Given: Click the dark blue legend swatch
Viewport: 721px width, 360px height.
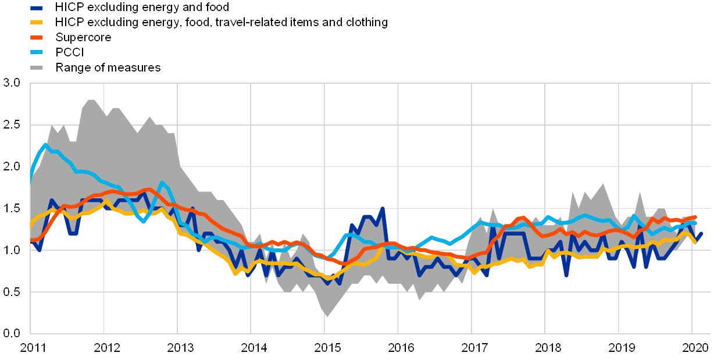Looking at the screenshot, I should coord(36,8).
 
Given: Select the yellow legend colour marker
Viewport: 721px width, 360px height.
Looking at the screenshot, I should coord(36,23).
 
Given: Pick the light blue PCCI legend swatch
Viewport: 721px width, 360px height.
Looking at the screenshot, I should coord(36,52).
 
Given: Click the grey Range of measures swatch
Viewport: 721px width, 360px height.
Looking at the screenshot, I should coord(36,67).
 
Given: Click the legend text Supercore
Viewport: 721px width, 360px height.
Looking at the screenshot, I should coord(84,38).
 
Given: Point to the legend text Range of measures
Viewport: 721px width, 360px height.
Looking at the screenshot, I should coord(109,67).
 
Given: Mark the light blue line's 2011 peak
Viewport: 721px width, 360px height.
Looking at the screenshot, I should coord(45,144).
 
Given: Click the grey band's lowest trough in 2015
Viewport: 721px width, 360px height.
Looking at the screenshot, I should coord(327,316).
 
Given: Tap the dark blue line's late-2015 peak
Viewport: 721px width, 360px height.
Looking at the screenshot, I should coord(383,208).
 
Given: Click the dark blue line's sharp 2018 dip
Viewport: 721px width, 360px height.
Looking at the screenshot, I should coord(566,275).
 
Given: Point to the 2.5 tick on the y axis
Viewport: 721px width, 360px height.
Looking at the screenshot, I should coord(12,125).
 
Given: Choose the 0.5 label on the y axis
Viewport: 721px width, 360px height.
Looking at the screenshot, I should coord(12,291).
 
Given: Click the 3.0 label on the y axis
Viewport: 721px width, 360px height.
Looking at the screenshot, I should coord(12,83).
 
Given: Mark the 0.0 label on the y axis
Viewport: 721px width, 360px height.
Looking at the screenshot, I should coord(12,333).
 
